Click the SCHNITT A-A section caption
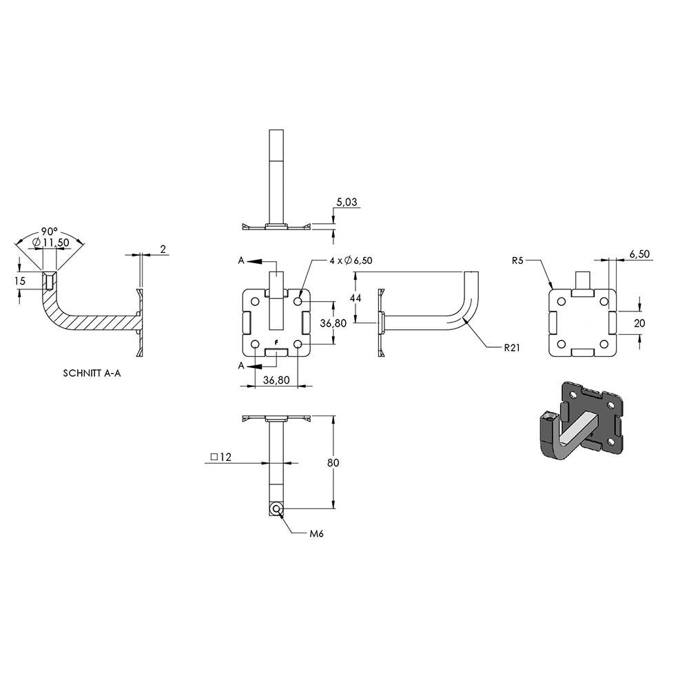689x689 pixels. click(x=92, y=373)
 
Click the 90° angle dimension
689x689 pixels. click(x=50, y=231)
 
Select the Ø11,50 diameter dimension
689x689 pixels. click(x=51, y=242)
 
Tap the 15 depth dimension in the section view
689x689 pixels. click(x=20, y=281)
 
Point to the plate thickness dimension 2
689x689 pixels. click(x=163, y=249)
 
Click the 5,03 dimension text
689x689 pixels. click(x=347, y=202)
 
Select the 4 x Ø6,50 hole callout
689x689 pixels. click(x=351, y=260)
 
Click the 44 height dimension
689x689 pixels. click(x=356, y=298)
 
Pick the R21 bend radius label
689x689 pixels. click(x=512, y=347)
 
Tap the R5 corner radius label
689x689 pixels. click(x=517, y=260)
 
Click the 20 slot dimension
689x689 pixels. click(x=639, y=323)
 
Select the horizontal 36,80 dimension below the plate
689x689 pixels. click(x=276, y=380)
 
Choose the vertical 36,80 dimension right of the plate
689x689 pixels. click(x=333, y=323)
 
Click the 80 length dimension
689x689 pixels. click(x=333, y=463)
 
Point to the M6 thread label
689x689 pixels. click(x=316, y=534)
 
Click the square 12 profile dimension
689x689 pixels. click(x=220, y=457)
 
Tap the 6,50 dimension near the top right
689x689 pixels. click(x=639, y=254)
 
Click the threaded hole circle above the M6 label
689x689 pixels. click(x=276, y=509)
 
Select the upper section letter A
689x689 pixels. click(x=241, y=260)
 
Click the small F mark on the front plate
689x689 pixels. click(x=276, y=342)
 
